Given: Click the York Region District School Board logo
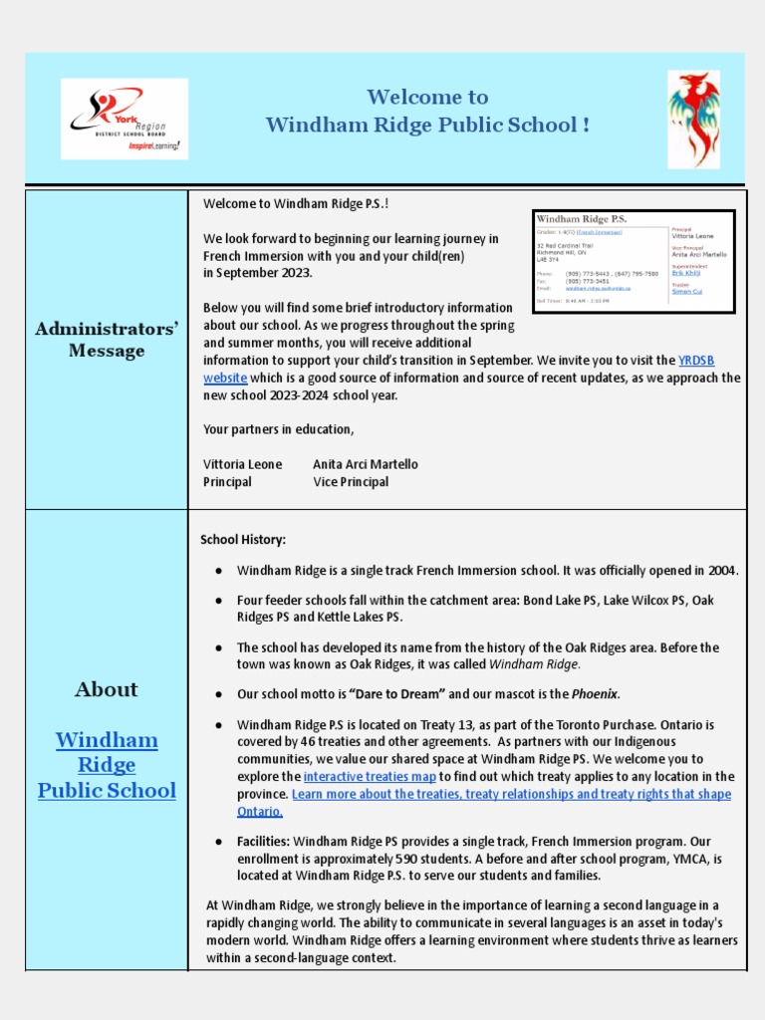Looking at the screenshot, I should (125, 119).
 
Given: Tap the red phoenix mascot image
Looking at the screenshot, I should (693, 119).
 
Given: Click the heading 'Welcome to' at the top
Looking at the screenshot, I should (427, 97).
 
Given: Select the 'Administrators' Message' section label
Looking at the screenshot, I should (107, 340).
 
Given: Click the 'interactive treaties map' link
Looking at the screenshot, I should (370, 776).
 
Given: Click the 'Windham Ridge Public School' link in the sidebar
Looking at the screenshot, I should (107, 765).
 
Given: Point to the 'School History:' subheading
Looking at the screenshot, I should (243, 539).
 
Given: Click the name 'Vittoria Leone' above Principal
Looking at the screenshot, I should (242, 464).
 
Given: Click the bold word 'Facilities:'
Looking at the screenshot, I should (263, 842).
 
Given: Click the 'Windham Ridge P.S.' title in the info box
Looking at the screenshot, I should (582, 219).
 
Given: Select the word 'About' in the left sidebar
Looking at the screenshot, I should (107, 689).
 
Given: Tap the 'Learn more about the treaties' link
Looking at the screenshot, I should (511, 794).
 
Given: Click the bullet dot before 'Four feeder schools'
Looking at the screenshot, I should (218, 601).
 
